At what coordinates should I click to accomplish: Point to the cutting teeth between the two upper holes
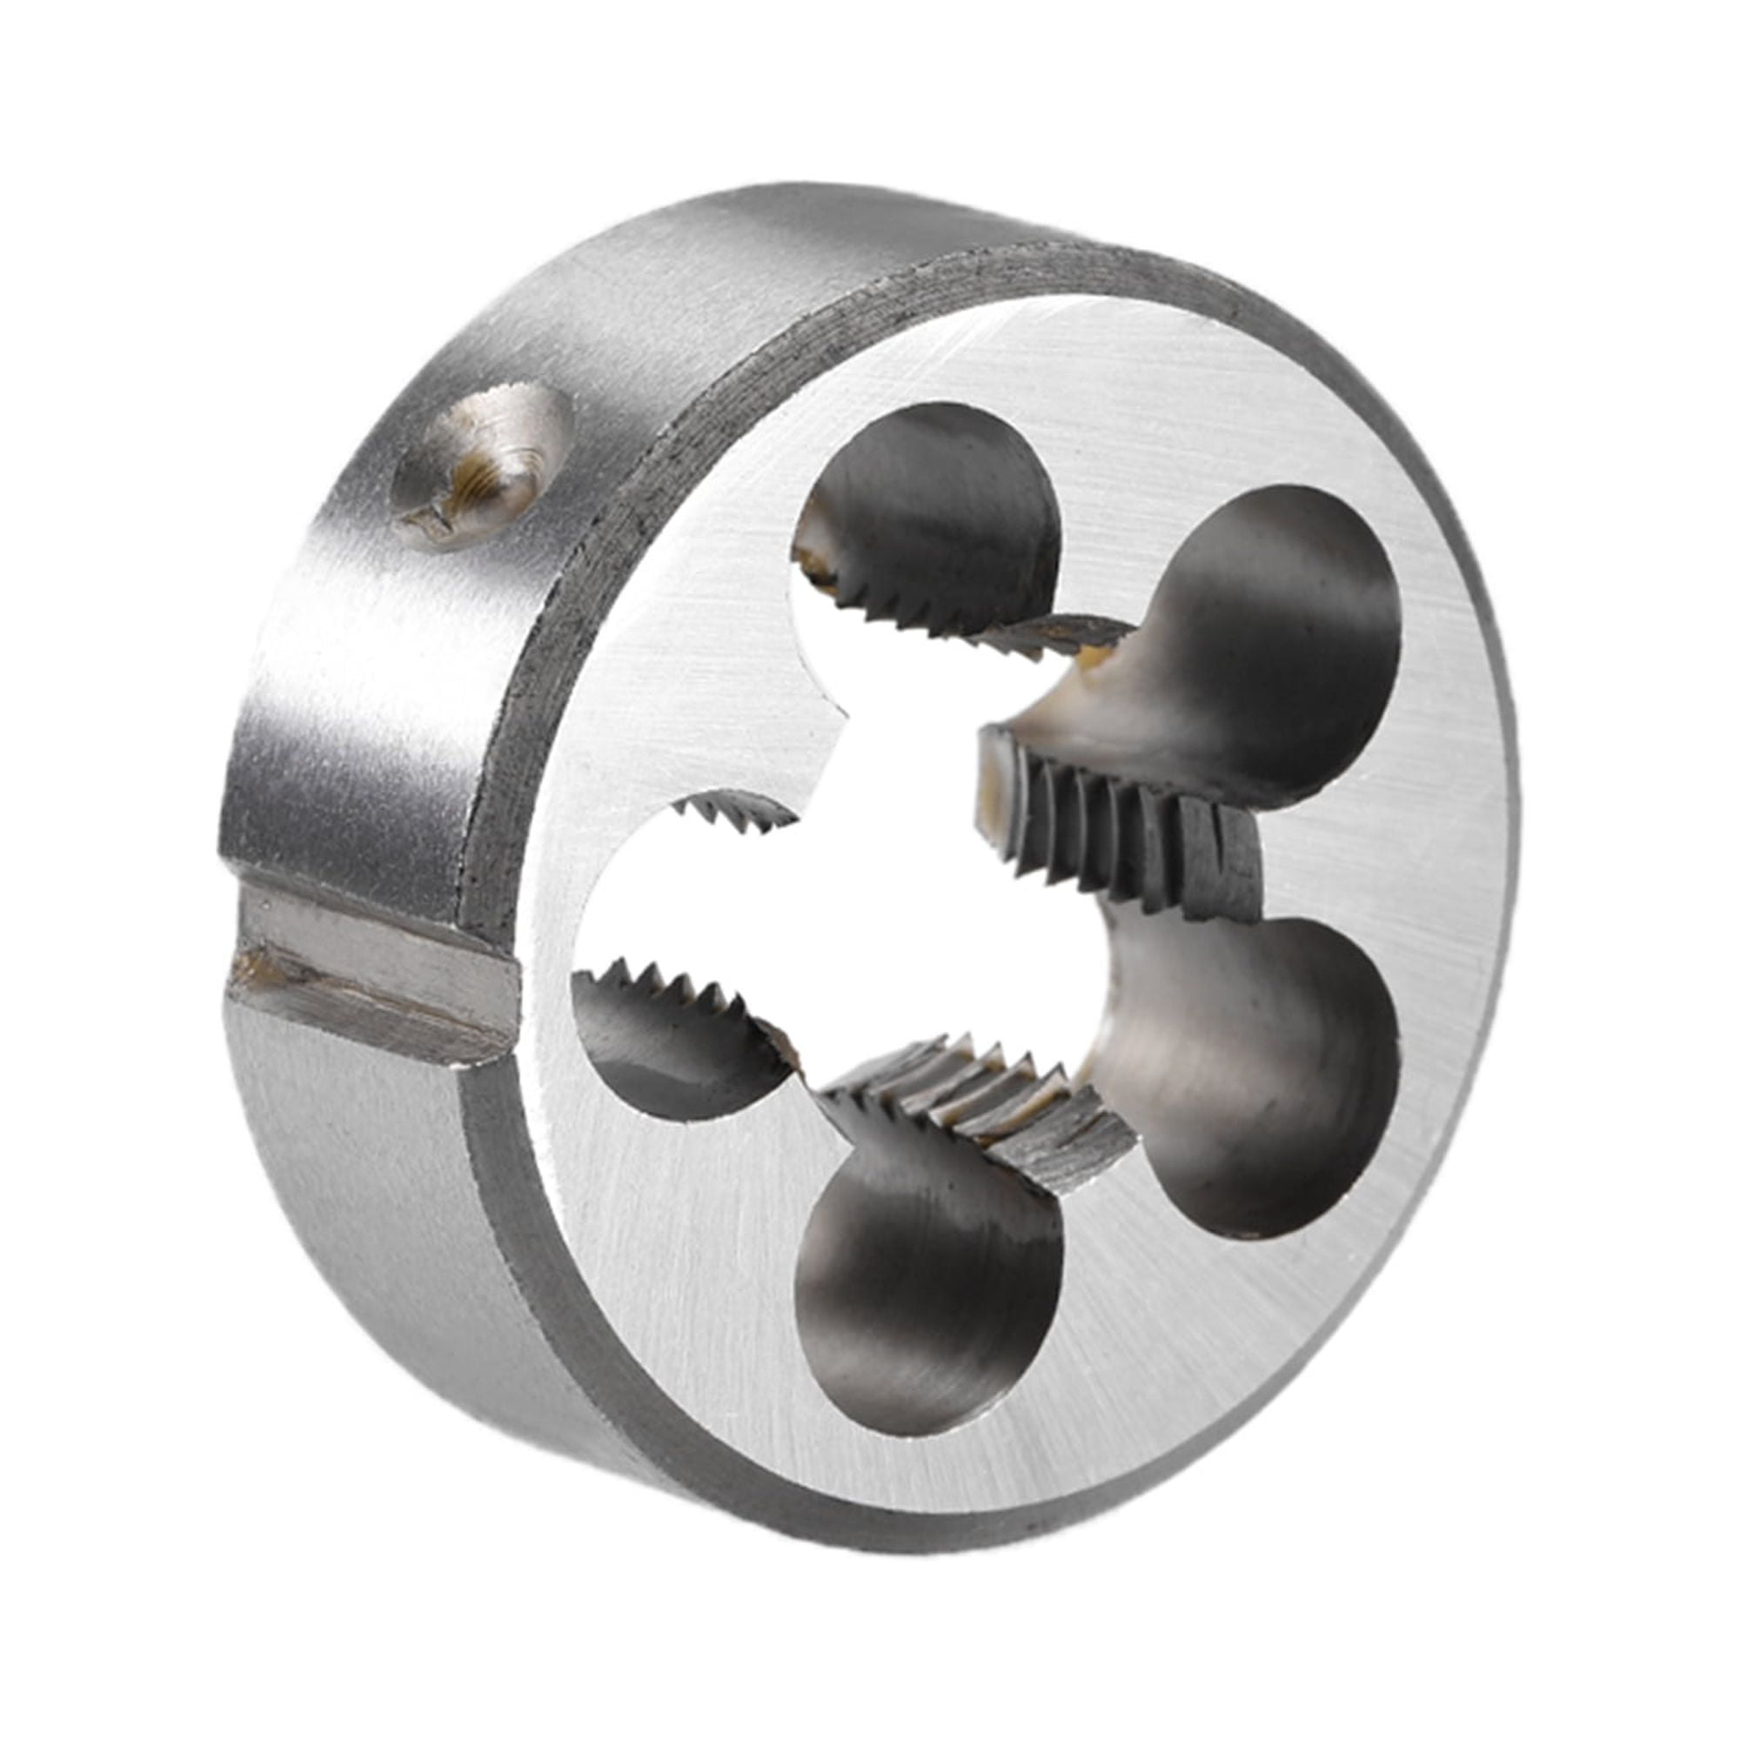pos(1054,635)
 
